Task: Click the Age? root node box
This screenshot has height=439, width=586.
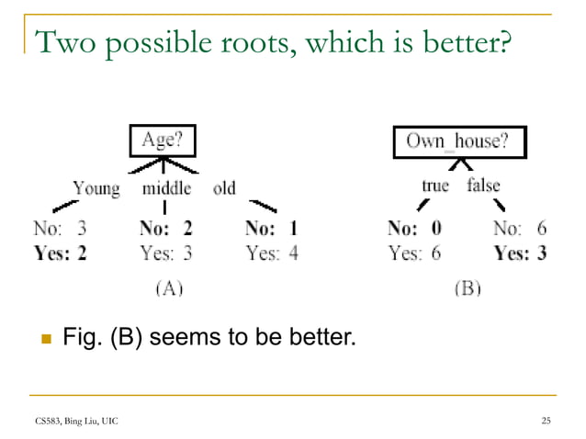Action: click(x=162, y=141)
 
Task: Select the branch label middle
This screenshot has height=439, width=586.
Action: click(x=166, y=189)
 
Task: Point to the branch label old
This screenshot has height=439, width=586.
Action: click(x=224, y=189)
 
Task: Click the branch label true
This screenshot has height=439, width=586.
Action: click(x=434, y=186)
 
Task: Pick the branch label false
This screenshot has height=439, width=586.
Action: click(x=483, y=186)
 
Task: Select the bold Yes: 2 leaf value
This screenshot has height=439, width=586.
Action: click(x=60, y=253)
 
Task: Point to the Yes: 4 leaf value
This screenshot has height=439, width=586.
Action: click(x=273, y=253)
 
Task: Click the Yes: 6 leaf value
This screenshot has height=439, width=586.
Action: click(x=414, y=253)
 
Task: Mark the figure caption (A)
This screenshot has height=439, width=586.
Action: click(x=166, y=288)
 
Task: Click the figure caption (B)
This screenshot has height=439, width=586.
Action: click(x=467, y=288)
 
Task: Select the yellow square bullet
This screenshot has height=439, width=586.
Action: click(x=41, y=340)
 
